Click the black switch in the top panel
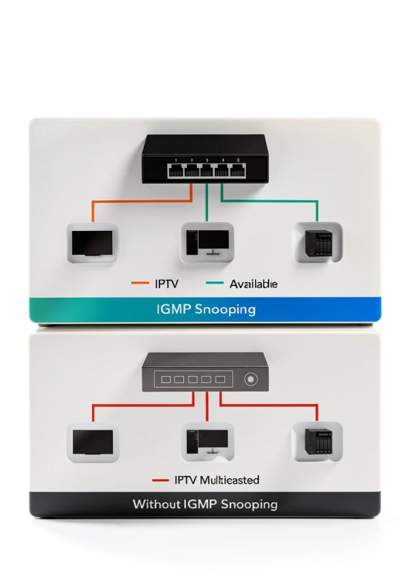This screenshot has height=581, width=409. coord(205,159)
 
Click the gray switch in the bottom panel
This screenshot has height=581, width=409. coord(205,372)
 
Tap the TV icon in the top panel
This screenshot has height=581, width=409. coord(92,243)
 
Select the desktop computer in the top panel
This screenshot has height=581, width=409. coord(207,242)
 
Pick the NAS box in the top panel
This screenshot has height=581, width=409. coord(318,242)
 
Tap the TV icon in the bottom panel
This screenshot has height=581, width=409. coord(93,443)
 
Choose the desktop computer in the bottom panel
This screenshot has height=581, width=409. coord(207,441)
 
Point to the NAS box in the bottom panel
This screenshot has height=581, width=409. coord(318,441)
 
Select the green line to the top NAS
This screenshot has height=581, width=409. coord(269,201)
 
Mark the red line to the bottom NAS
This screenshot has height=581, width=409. coord(269,405)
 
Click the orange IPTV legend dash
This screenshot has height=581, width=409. coord(140,283)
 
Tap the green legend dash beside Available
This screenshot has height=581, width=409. coord(214,283)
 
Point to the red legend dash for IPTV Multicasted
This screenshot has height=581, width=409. coord(160,480)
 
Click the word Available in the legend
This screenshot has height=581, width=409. coord(254,284)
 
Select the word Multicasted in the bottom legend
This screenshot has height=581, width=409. coord(230,480)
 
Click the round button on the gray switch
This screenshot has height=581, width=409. coord(251,379)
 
